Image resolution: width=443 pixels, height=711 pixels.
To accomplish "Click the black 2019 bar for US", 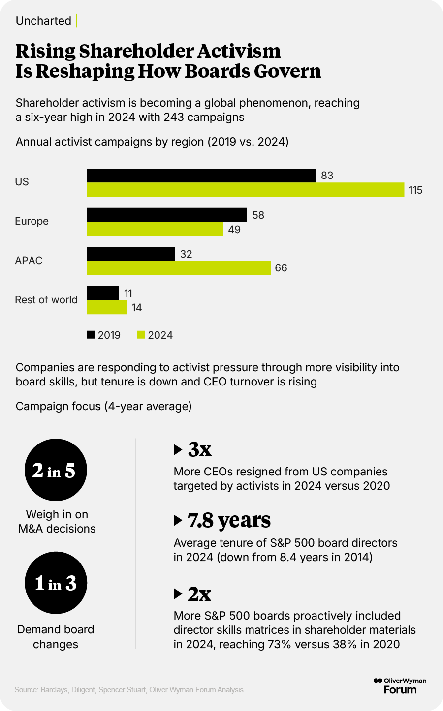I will (201, 176).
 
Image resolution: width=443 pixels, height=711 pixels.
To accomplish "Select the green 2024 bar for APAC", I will (179, 268).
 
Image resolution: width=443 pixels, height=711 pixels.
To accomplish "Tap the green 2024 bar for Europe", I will (155, 229).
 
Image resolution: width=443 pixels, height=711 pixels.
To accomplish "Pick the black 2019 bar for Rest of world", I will (103, 293).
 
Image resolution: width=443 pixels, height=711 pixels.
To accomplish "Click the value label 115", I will (415, 190).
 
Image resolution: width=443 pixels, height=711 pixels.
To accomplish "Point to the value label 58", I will (258, 215).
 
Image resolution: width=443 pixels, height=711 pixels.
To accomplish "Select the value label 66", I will (281, 268).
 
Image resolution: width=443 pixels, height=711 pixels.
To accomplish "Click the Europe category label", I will (32, 221).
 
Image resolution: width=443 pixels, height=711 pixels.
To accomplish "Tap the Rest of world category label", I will (46, 300).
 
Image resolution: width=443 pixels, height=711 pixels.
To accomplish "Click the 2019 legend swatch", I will (91, 335).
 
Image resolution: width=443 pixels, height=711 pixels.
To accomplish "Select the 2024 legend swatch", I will (141, 335).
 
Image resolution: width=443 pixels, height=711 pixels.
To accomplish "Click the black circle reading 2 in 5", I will (56, 470).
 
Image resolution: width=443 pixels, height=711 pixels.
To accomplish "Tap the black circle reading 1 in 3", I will (56, 583).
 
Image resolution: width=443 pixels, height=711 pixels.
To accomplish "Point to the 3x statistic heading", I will (199, 449).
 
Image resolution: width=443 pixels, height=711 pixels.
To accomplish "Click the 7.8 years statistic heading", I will (229, 520).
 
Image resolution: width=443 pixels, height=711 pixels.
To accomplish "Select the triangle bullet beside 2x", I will (178, 594).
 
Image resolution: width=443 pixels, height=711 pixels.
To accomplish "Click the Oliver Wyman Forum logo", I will (400, 685).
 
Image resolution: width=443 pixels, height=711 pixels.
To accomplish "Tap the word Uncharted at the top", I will (43, 21).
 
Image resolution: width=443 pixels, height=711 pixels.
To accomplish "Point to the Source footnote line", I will (129, 690).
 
